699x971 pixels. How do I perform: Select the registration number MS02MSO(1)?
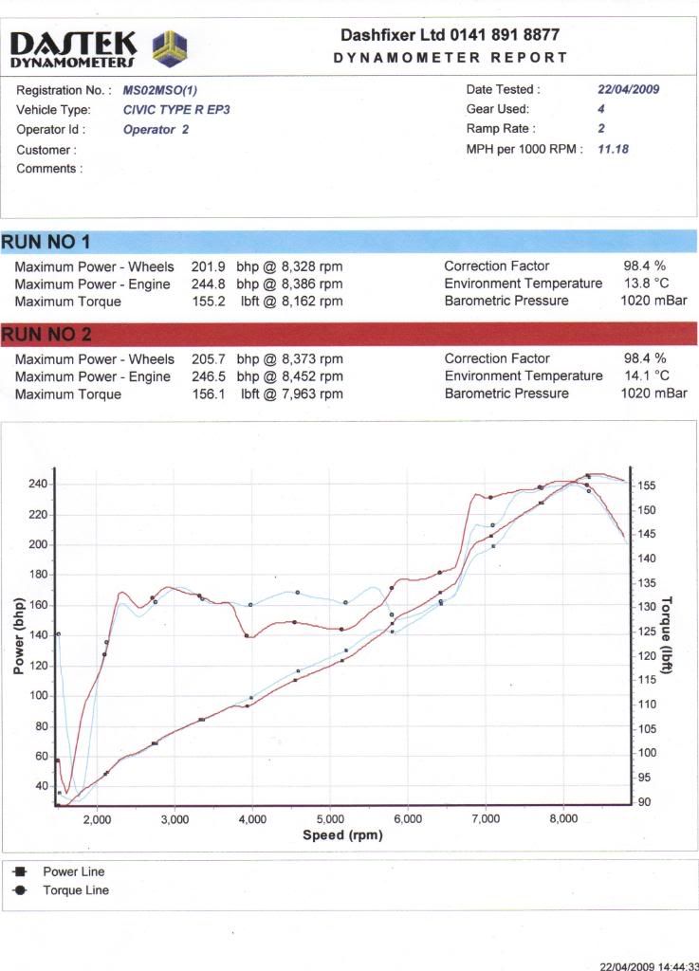point(159,91)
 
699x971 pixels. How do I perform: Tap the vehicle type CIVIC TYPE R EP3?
point(176,110)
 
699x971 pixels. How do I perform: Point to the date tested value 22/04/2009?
point(628,90)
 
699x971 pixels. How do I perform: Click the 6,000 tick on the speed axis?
point(408,819)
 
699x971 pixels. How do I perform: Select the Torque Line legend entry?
point(76,890)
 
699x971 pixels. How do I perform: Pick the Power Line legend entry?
point(74,871)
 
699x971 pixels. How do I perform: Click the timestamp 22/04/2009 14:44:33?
point(649,966)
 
